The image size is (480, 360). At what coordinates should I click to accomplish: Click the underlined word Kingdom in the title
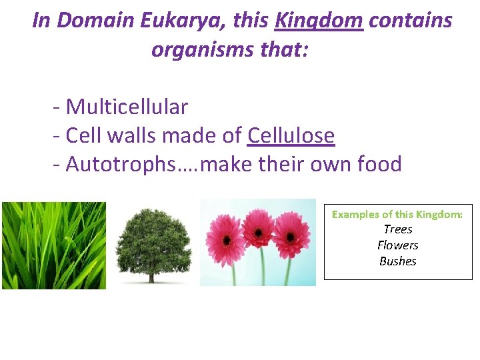tap(319, 21)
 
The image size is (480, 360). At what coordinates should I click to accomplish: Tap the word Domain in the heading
tap(97, 21)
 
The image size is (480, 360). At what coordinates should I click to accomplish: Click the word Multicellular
tap(127, 107)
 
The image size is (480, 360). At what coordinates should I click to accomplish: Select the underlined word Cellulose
tap(291, 135)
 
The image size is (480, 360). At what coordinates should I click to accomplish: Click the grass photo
tap(53, 245)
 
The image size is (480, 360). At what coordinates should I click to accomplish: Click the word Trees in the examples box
tap(397, 229)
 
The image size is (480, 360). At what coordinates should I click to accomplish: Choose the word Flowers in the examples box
tap(397, 245)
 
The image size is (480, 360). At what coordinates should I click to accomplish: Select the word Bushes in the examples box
tap(397, 261)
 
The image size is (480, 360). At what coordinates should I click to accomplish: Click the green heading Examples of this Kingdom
tap(397, 214)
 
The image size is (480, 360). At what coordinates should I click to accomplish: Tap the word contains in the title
tap(410, 21)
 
